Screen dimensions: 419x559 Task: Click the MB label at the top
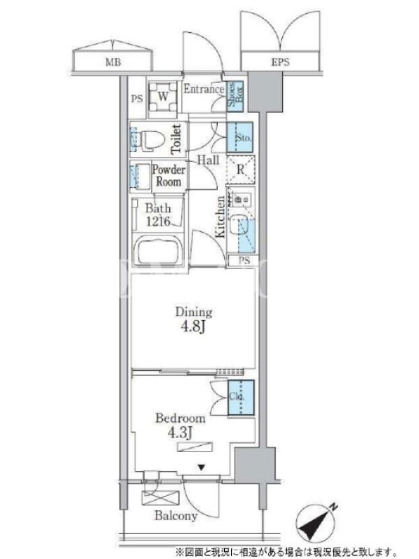pyautogui.click(x=113, y=62)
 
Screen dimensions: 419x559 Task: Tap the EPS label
pyautogui.click(x=281, y=62)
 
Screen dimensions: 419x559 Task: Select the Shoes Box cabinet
pyautogui.click(x=235, y=96)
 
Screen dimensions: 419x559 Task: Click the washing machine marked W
pyautogui.click(x=163, y=96)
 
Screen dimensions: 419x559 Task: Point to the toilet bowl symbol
pyautogui.click(x=152, y=139)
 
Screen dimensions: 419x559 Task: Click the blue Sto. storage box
pyautogui.click(x=240, y=137)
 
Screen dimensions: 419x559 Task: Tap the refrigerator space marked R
pyautogui.click(x=241, y=170)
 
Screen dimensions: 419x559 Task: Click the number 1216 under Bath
pyautogui.click(x=159, y=221)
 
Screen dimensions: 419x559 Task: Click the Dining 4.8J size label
pyautogui.click(x=193, y=319)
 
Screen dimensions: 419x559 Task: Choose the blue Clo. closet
pyautogui.click(x=241, y=398)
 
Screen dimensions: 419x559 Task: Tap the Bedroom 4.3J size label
pyautogui.click(x=180, y=426)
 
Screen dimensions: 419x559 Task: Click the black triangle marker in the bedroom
pyautogui.click(x=202, y=467)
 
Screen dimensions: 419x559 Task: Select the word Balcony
pyautogui.click(x=176, y=516)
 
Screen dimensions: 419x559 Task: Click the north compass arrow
pyautogui.click(x=316, y=521)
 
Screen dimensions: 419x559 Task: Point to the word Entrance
pyautogui.click(x=204, y=89)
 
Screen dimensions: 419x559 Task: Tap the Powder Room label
pyautogui.click(x=169, y=175)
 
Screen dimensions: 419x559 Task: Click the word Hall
pyautogui.click(x=208, y=160)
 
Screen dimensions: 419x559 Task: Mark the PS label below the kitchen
pyautogui.click(x=244, y=261)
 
